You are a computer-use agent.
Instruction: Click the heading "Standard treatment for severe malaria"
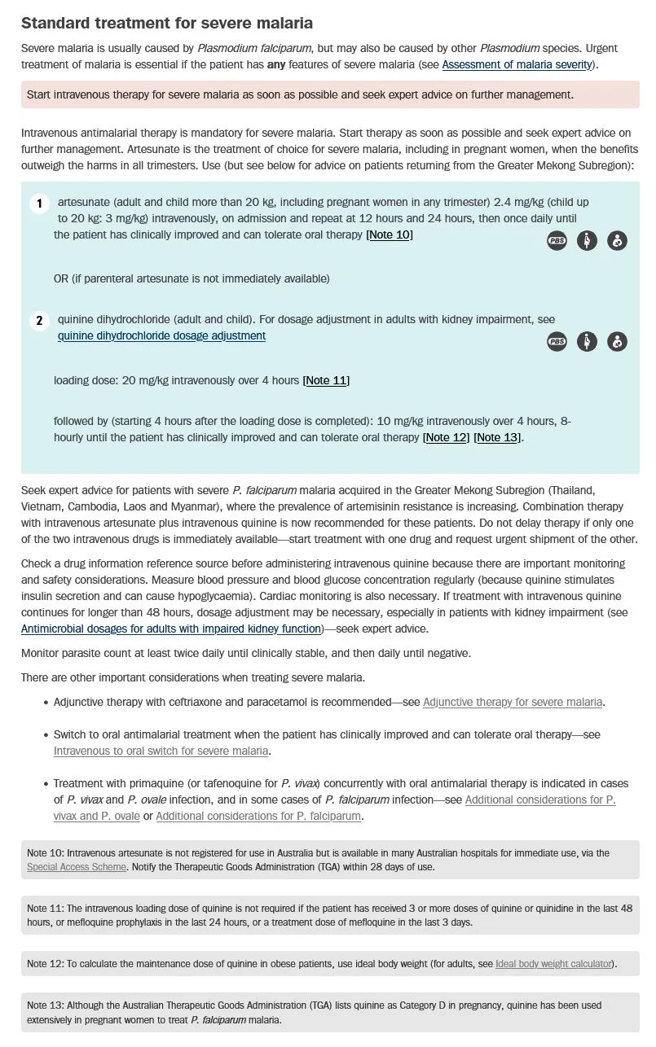[166, 23]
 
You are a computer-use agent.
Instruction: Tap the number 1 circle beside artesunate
[39, 203]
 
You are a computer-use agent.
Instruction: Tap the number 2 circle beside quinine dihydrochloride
[39, 321]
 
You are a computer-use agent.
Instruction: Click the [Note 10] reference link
[390, 234]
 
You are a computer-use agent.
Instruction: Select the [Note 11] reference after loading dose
[326, 380]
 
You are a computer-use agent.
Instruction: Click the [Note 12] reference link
[446, 437]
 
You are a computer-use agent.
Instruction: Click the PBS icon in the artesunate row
[557, 240]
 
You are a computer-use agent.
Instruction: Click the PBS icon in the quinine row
[557, 342]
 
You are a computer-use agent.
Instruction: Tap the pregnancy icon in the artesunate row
[587, 240]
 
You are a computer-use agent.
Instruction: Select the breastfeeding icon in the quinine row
[618, 342]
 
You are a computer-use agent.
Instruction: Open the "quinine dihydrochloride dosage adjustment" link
[161, 335]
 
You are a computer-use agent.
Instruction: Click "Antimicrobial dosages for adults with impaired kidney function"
[170, 629]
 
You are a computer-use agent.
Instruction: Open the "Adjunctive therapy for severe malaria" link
[513, 702]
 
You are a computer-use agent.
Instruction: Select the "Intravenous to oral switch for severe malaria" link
[161, 751]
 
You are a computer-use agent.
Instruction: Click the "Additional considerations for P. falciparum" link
[258, 816]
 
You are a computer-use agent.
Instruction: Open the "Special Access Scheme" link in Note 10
[77, 867]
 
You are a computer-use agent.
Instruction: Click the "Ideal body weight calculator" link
[553, 964]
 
